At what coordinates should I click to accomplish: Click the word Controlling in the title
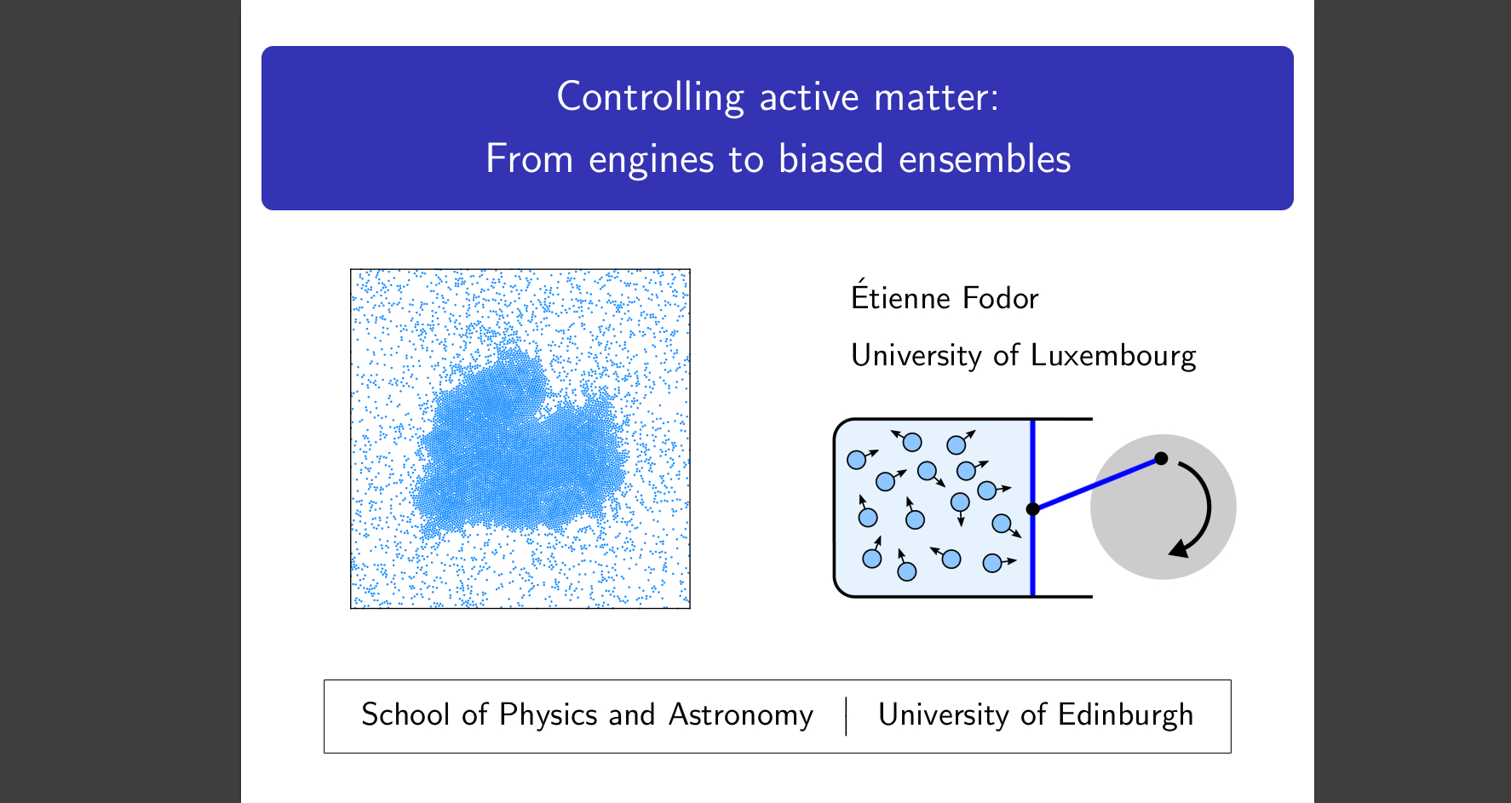(651, 97)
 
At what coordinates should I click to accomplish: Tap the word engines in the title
(652, 159)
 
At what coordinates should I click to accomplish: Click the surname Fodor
(1001, 298)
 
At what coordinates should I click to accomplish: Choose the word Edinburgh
(1125, 715)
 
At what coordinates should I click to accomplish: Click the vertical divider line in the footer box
(846, 716)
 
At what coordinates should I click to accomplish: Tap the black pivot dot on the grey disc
(1161, 458)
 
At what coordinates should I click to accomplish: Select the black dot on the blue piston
(1033, 509)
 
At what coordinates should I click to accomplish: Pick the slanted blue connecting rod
(1097, 484)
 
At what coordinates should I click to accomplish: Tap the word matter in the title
(937, 97)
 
